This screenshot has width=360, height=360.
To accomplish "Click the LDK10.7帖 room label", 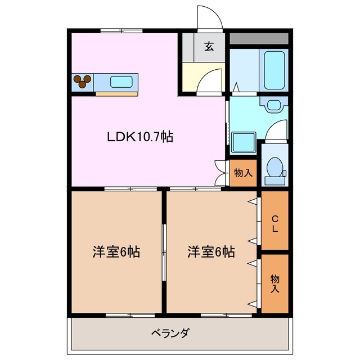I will (x=140, y=137).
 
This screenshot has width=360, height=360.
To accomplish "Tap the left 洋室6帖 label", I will (x=116, y=253).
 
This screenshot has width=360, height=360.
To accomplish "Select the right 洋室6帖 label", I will (x=211, y=253).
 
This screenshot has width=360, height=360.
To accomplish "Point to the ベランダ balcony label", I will (x=170, y=332).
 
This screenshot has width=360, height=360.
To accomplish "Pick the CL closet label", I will (x=275, y=223).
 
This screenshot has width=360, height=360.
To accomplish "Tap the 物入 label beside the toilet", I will (x=243, y=173).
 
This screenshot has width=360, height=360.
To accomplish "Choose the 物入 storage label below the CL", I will (x=275, y=283).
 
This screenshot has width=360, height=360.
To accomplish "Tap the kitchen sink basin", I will (x=121, y=82).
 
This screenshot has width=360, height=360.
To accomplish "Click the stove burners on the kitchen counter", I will (x=83, y=82).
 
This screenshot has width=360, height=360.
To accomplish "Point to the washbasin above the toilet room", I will (x=274, y=105).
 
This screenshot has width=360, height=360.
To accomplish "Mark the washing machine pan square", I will (x=243, y=143).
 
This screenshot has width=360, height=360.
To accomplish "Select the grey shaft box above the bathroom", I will (x=259, y=39).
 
